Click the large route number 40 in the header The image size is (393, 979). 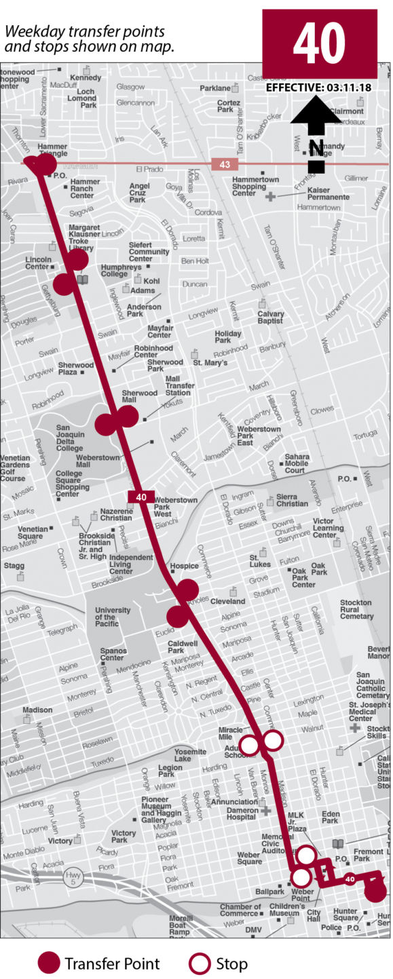coord(319,43)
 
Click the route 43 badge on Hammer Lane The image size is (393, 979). coord(224,164)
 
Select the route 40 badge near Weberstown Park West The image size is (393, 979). coord(141,497)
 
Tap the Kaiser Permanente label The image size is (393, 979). coord(329,193)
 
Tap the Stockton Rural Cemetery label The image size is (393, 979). coord(356,609)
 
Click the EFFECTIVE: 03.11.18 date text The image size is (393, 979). coord(318,88)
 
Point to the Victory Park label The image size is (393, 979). coord(124,836)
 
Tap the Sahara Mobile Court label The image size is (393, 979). coord(297,463)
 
